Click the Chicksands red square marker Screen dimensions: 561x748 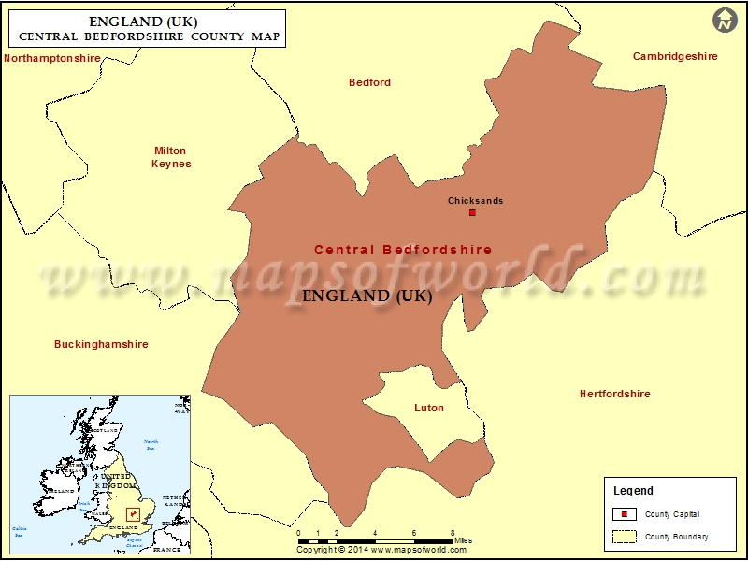(x=472, y=212)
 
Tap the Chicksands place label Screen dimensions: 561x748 (x=475, y=201)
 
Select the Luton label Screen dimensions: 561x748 (x=429, y=408)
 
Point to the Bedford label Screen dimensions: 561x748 (x=369, y=82)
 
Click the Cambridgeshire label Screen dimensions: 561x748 (x=675, y=56)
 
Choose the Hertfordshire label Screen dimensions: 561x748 (x=614, y=394)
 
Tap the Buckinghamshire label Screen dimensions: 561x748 (x=101, y=344)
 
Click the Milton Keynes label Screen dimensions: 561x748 (x=170, y=157)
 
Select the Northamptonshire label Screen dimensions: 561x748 (x=52, y=58)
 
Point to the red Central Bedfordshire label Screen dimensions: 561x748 (x=403, y=250)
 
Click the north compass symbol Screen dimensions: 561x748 (x=725, y=20)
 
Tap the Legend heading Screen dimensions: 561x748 (x=633, y=491)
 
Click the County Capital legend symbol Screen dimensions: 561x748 (x=625, y=514)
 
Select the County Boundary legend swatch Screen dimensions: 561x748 (x=625, y=537)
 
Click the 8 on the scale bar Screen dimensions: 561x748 (x=453, y=533)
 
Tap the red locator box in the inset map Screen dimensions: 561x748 (x=133, y=514)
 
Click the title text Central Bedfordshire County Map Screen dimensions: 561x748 (x=148, y=37)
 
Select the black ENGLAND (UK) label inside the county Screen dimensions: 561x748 (x=367, y=295)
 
